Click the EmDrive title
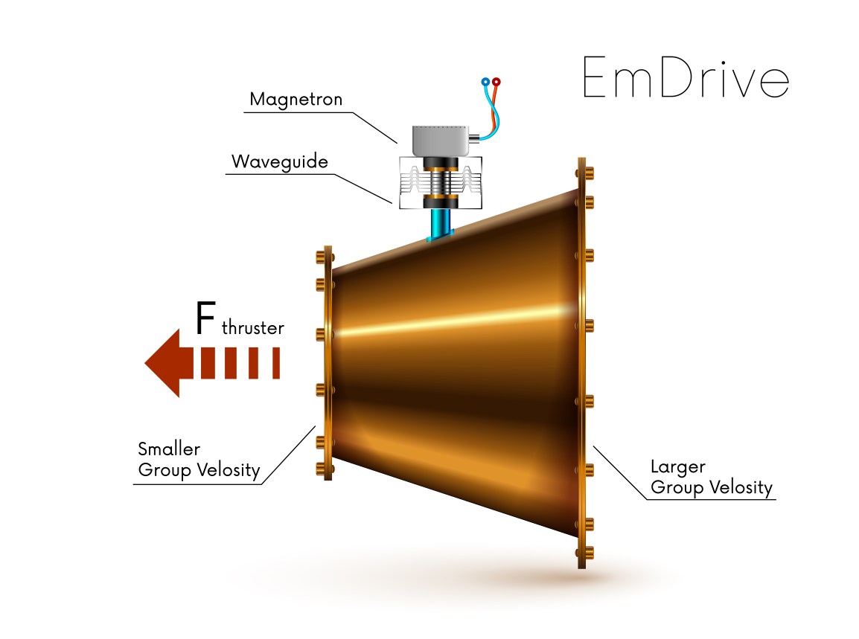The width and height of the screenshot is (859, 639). [684, 77]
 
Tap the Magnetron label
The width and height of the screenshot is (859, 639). [296, 100]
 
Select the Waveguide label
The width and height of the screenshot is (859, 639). [279, 161]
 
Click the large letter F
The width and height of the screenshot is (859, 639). [206, 318]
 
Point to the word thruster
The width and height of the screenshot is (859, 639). [253, 328]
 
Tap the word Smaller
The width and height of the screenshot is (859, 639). [169, 449]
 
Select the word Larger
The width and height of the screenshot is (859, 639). [677, 467]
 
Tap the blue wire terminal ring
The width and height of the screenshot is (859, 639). [485, 82]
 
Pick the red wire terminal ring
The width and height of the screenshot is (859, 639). [496, 82]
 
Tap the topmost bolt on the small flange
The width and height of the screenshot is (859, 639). [322, 257]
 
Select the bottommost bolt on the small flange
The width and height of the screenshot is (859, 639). [322, 468]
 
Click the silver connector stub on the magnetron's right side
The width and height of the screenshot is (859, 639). [473, 138]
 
